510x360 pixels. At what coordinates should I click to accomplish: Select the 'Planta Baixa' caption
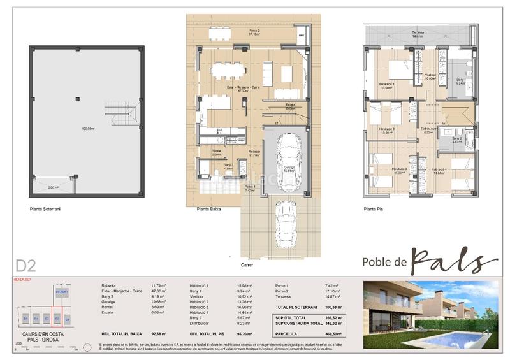(x=206, y=208)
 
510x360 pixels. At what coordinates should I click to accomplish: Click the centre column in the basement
(x=78, y=98)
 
